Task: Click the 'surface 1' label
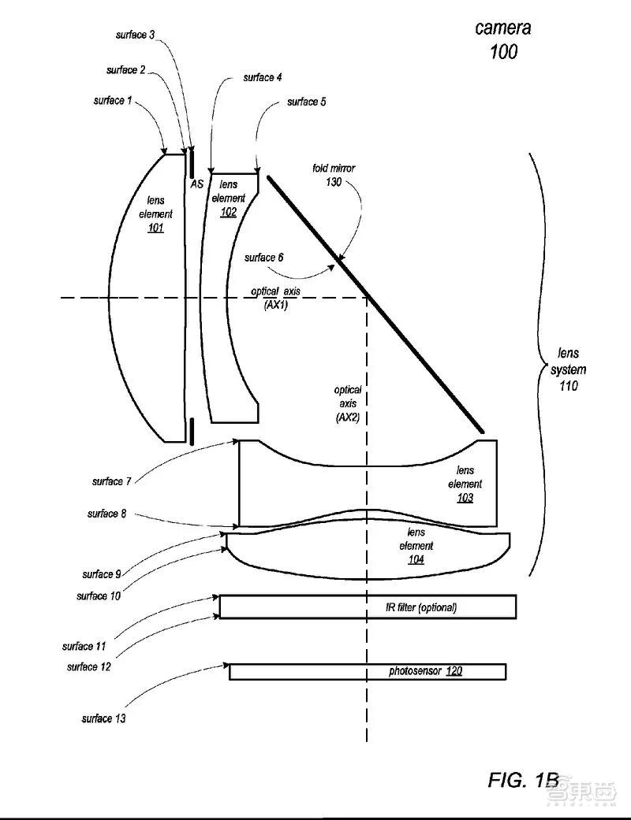[113, 100]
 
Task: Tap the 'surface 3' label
[135, 35]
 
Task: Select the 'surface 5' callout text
[306, 102]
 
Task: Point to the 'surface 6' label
[263, 258]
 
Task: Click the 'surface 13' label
[103, 718]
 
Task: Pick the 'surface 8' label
[106, 514]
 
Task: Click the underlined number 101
[155, 228]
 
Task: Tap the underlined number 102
[228, 213]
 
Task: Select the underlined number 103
[465, 498]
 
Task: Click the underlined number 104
[416, 559]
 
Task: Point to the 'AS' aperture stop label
[197, 184]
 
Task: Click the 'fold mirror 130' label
[334, 175]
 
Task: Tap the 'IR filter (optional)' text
[421, 607]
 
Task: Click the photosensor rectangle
[368, 671]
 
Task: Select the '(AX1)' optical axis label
[275, 305]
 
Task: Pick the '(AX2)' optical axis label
[348, 417]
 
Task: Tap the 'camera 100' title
[503, 39]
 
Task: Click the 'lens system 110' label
[568, 369]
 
